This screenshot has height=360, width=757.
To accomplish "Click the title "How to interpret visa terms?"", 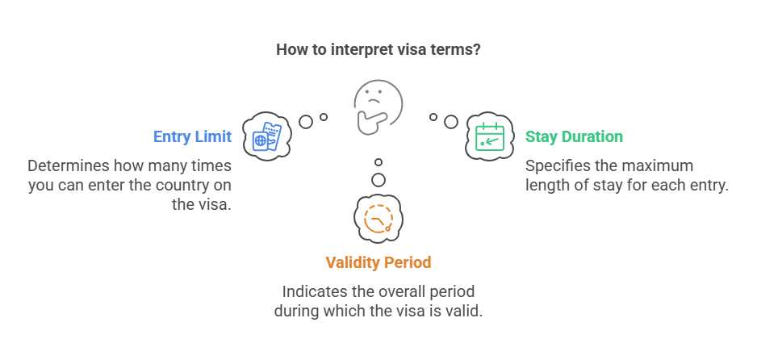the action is coord(378,50).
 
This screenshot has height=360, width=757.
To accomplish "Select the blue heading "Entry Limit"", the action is coord(192,136).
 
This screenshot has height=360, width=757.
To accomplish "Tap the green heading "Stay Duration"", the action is coord(574,136).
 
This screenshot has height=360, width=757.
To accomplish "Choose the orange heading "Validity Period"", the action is coord(378,262).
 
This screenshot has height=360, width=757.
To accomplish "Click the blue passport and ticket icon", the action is coord(267,136).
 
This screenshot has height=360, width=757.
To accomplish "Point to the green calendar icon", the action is coord(490,136).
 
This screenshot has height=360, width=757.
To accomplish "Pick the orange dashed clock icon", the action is coord(378,219).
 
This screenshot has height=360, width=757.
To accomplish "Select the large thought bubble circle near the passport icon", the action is coord(306,122).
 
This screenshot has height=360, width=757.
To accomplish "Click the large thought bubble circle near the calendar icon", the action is coord(451,122).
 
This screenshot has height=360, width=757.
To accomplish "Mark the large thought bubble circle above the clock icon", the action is coord(378,180).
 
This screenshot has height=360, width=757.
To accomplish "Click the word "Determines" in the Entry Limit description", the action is coord(68,166).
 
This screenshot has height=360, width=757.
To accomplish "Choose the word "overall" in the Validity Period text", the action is coord(399,291).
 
